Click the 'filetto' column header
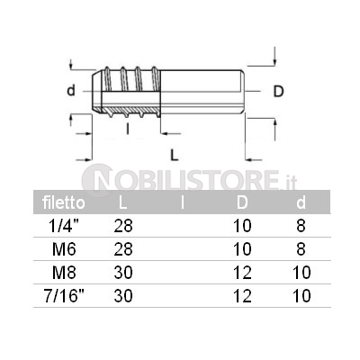click(64, 202)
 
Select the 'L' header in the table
click(122, 202)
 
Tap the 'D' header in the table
click(242, 202)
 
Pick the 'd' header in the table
click(301, 202)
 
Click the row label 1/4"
click(64, 226)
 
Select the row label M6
click(64, 249)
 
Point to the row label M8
click(64, 273)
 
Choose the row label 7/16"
click(64, 296)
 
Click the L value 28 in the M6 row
click(123, 249)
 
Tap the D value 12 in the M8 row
click(242, 273)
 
